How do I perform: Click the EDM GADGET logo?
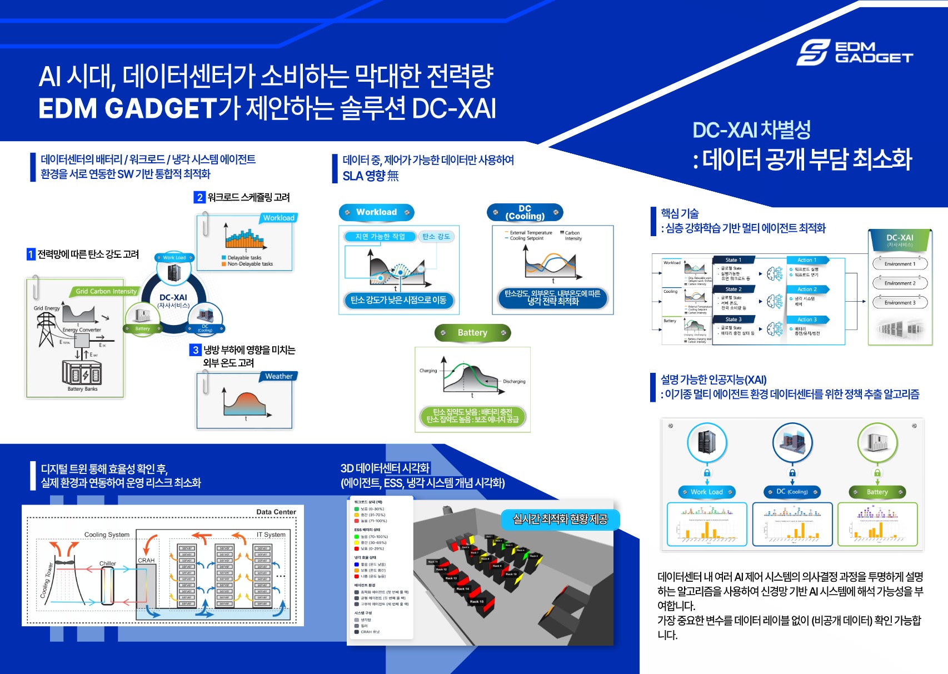(855, 52)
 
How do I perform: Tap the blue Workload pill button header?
(377, 212)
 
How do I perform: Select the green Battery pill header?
(472, 333)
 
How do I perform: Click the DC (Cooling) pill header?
(525, 212)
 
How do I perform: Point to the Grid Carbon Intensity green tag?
(106, 291)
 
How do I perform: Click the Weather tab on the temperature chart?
(278, 376)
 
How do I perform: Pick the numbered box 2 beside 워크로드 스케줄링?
(199, 197)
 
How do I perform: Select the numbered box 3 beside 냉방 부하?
(195, 350)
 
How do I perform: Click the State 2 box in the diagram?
(733, 289)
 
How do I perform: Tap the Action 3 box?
(807, 319)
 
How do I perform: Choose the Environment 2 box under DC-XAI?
(900, 283)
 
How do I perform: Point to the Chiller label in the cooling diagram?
(108, 563)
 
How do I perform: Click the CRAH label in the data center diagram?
(146, 560)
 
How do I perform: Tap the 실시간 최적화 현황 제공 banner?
(560, 519)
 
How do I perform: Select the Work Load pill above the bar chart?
(707, 492)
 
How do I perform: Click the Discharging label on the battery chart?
(514, 382)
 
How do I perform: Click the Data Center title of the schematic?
(276, 512)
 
